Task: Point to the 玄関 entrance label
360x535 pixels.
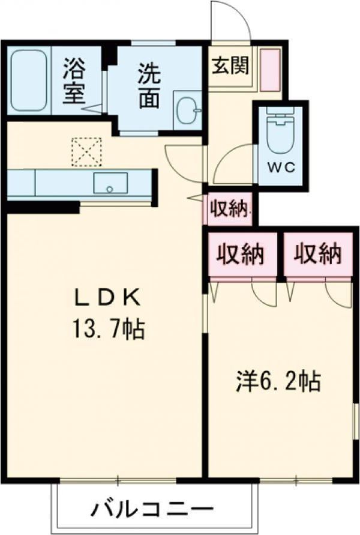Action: pyautogui.click(x=229, y=65)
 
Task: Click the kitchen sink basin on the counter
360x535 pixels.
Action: pyautogui.click(x=110, y=183)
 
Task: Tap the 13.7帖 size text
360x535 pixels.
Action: pyautogui.click(x=108, y=328)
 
